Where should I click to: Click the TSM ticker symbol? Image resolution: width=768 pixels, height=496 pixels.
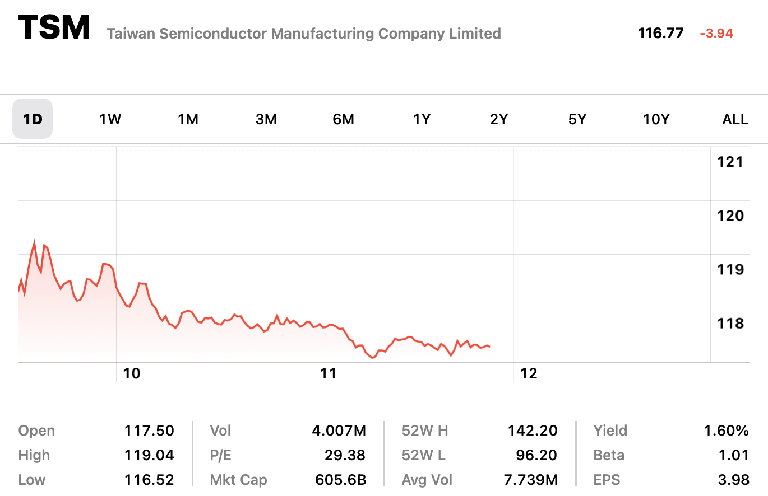click(54, 27)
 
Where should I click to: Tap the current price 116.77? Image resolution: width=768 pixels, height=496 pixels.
click(660, 33)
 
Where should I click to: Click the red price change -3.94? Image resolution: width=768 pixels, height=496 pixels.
click(716, 34)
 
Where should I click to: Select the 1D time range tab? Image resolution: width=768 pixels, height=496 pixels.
click(33, 119)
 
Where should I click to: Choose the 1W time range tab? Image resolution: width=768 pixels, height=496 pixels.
click(110, 119)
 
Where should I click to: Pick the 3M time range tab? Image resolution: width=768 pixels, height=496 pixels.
click(266, 119)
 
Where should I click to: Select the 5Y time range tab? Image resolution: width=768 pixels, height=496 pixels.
click(577, 119)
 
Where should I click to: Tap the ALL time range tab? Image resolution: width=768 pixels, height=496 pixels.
click(735, 119)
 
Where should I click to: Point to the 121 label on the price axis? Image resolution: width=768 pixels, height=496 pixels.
click(730, 162)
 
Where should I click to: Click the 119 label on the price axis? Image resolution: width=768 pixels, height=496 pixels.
click(730, 269)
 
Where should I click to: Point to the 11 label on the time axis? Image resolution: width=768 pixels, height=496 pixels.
click(329, 373)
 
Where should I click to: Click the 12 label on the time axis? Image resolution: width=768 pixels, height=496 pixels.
click(529, 373)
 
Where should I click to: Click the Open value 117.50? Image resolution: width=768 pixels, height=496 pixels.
click(149, 431)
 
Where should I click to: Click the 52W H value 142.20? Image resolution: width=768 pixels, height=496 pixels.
click(533, 431)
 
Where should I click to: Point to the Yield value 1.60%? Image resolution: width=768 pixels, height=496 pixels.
click(726, 431)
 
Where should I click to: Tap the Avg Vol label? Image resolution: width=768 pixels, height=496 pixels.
click(427, 480)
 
